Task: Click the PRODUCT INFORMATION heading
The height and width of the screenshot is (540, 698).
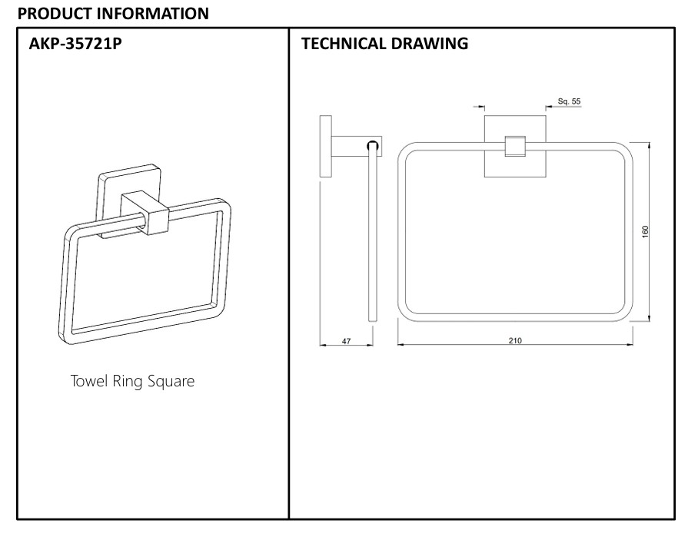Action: [x=112, y=13]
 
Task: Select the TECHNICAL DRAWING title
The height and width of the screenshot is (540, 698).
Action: [x=384, y=43]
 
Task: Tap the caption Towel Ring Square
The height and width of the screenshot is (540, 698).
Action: [x=132, y=381]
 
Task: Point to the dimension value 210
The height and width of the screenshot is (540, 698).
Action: [x=514, y=341]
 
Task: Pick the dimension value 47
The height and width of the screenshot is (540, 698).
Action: [x=346, y=341]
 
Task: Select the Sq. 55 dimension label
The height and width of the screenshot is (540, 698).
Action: [x=569, y=101]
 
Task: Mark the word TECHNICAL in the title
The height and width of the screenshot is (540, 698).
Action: [x=342, y=43]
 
